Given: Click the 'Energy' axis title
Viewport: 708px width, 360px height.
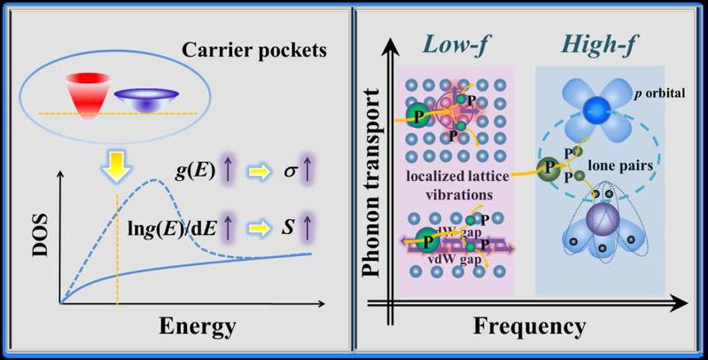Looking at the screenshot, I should [198, 325].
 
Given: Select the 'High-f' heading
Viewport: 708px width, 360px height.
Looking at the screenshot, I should [593, 43].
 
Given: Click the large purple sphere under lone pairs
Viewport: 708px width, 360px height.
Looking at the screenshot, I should [598, 220].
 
